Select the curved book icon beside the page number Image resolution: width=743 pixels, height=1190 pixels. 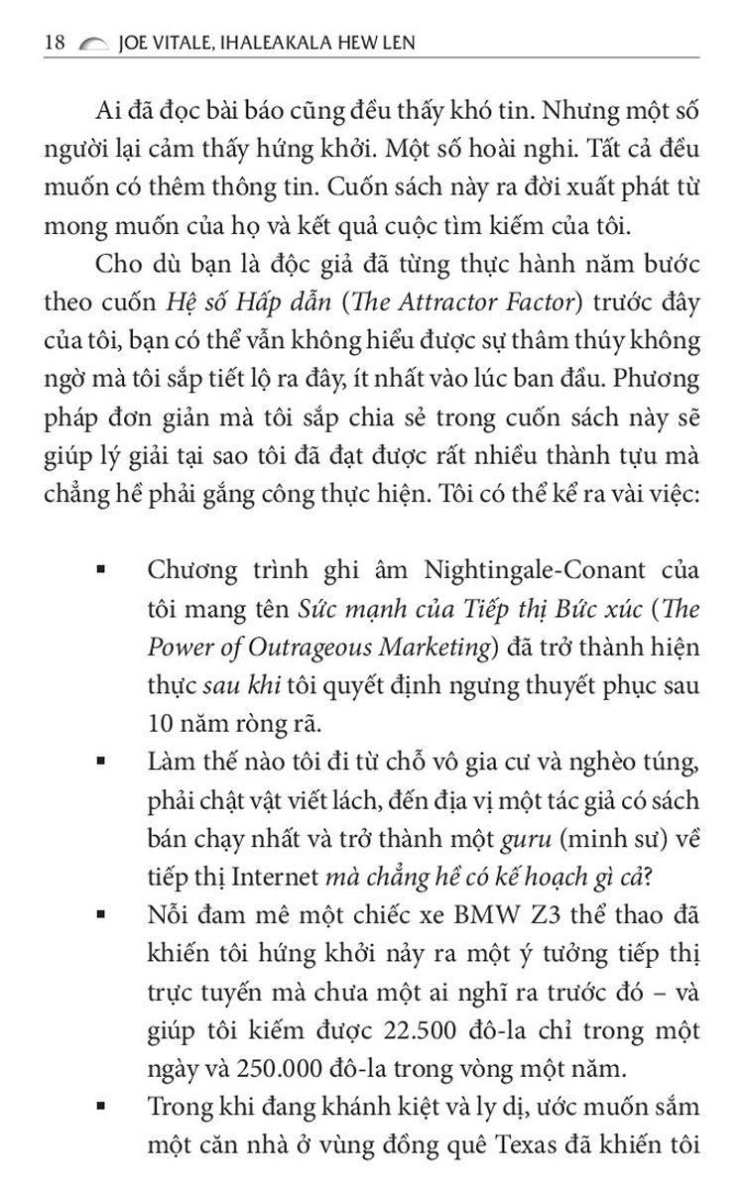pyautogui.click(x=91, y=44)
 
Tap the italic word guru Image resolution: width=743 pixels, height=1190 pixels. pyautogui.click(x=525, y=838)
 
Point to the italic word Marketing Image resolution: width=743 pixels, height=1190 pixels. pyautogui.click(x=437, y=648)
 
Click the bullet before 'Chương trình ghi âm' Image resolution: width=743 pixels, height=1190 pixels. pyautogui.click(x=101, y=572)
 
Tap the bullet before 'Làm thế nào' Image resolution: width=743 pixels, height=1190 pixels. pyautogui.click(x=101, y=763)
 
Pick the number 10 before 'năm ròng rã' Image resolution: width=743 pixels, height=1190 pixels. pyautogui.click(x=160, y=723)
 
